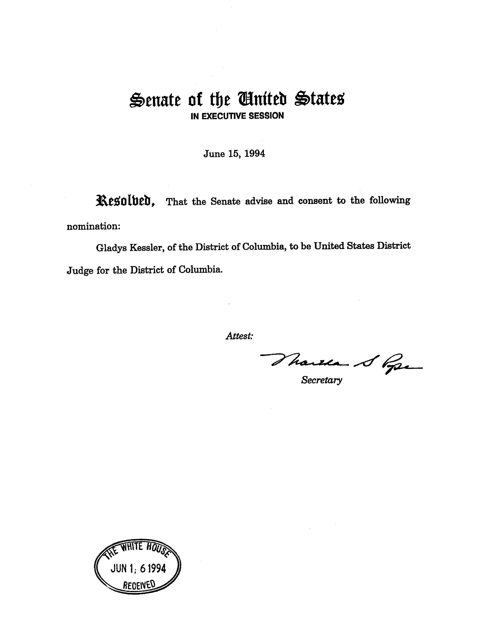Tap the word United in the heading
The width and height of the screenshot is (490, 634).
click(262, 99)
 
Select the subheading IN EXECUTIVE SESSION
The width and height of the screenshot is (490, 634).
click(237, 116)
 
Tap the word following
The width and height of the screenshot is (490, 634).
click(390, 201)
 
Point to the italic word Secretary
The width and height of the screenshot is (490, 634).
click(321, 380)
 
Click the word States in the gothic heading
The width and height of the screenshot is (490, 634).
click(319, 99)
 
